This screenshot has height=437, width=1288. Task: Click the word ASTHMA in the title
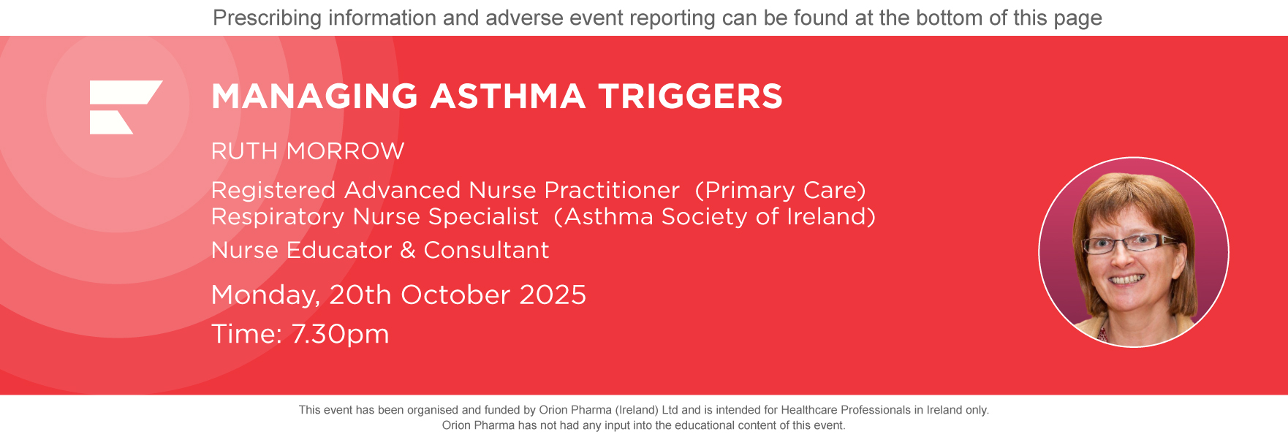click(x=508, y=96)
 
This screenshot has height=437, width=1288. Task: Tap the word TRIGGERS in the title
click(x=690, y=96)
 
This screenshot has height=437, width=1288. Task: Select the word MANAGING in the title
click(x=314, y=96)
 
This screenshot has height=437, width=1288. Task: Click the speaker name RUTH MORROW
click(x=308, y=151)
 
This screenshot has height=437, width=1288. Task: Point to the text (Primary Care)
click(x=780, y=190)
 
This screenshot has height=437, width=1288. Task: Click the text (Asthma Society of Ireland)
click(x=714, y=216)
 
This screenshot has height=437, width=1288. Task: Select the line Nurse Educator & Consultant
click(x=380, y=250)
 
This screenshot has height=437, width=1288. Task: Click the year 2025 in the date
click(x=553, y=294)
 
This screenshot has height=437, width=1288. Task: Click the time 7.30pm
click(x=340, y=334)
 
